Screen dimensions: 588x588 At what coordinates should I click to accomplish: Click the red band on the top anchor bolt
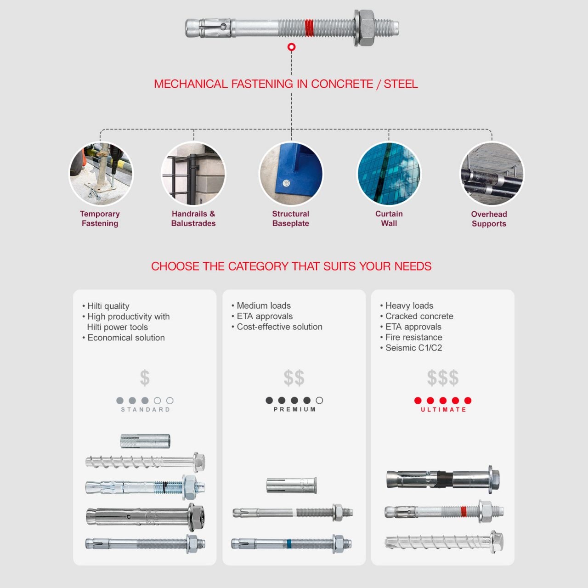point(310,28)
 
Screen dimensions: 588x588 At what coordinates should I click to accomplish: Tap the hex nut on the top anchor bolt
point(366,28)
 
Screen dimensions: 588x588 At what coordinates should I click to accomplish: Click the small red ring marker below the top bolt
point(291,47)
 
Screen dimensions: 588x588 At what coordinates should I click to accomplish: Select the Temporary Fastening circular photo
point(101,174)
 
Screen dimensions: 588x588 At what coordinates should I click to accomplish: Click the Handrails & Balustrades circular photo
point(193,174)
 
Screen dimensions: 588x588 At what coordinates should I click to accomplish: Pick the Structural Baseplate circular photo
point(291,174)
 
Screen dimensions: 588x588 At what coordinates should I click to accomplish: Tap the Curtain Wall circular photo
point(389,174)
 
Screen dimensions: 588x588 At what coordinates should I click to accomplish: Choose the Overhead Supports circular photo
point(492,174)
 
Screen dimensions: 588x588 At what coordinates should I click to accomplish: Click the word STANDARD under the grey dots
point(145,409)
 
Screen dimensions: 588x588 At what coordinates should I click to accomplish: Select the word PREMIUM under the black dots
point(294,409)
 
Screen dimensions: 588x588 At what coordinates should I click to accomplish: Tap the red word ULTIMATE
point(443,409)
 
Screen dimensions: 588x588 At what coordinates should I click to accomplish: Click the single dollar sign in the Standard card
point(145,378)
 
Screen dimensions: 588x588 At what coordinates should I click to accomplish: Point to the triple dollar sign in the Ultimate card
point(442,378)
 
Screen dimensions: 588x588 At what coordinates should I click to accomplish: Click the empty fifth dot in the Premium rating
point(319,400)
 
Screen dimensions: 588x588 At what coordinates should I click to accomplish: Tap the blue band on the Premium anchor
point(288,544)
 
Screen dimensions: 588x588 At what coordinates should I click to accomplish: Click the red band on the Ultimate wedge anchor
point(464,511)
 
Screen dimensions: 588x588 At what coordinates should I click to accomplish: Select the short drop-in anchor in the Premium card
point(291,485)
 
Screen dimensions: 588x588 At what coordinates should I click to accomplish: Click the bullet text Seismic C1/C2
point(413,348)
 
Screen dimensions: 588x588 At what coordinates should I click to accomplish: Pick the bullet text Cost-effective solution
point(279,327)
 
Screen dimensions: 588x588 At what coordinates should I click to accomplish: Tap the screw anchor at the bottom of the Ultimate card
point(444,542)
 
